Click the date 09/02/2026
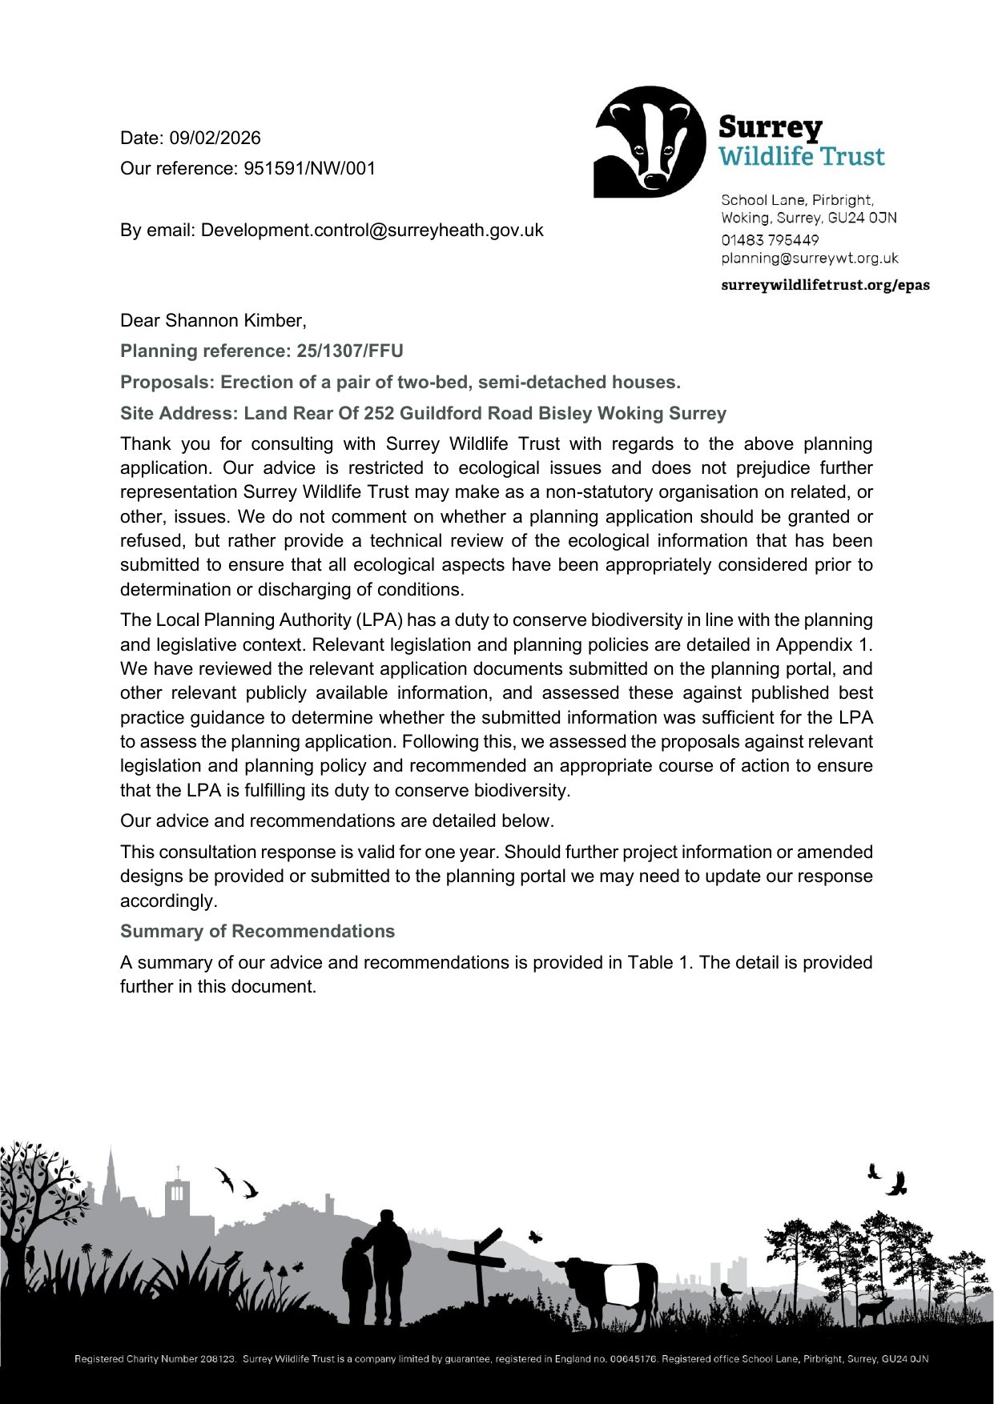click(215, 138)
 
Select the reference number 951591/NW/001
click(309, 169)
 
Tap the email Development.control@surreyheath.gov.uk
click(372, 231)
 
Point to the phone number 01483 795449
click(770, 240)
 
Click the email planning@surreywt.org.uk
click(810, 259)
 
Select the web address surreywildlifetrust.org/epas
click(825, 286)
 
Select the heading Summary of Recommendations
click(257, 932)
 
